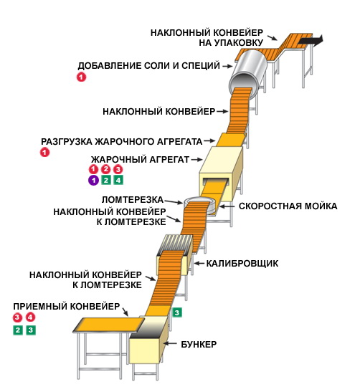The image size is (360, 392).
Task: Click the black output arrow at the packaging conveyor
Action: tap(311, 41)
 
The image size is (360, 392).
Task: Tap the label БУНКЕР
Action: tap(199, 344)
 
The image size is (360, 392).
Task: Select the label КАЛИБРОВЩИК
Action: tap(242, 263)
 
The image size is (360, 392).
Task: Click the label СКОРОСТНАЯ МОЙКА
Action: tap(288, 206)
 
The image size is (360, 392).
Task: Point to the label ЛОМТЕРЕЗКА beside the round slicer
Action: tap(133, 200)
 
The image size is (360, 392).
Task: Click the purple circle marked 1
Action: tap(93, 180)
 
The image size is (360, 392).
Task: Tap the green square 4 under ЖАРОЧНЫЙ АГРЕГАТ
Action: tap(118, 180)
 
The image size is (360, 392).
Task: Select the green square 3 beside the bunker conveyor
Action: tap(177, 312)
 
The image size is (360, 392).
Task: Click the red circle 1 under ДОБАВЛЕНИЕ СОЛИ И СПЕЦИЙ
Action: tap(81, 77)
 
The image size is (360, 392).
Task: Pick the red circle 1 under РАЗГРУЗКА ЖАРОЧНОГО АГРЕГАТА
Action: tap(44, 152)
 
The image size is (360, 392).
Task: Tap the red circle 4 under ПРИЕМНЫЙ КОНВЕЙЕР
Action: tap(31, 317)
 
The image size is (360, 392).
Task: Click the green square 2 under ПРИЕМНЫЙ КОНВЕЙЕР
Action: tap(18, 330)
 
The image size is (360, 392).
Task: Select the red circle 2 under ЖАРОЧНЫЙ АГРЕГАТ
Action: tap(106, 169)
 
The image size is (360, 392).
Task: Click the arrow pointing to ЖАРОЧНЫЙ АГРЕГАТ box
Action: tap(197, 160)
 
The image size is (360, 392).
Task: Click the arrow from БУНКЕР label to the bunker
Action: tap(170, 343)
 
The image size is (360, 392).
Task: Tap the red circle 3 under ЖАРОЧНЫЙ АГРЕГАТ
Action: tap(118, 169)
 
